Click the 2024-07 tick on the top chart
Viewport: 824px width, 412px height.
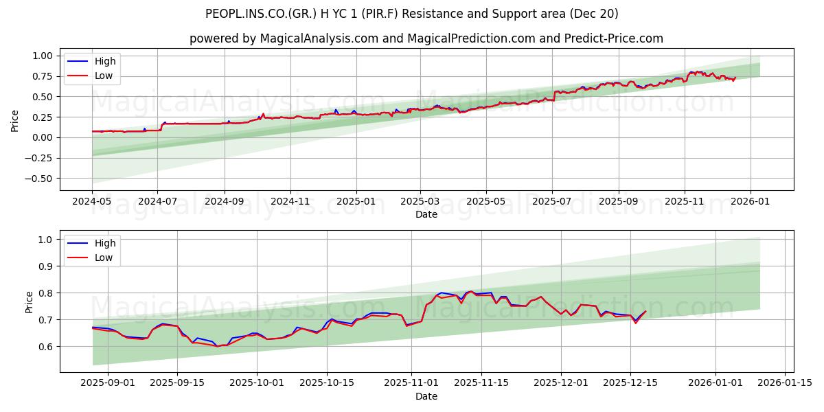click(157, 201)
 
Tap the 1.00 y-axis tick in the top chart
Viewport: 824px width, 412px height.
click(41, 56)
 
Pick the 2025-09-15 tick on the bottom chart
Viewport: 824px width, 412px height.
click(178, 383)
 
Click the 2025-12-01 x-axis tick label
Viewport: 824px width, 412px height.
click(562, 383)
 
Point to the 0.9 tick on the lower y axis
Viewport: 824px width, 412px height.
click(45, 266)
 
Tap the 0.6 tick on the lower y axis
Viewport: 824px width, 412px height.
click(45, 347)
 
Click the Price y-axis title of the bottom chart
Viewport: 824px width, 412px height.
click(29, 301)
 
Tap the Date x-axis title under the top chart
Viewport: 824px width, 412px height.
click(426, 214)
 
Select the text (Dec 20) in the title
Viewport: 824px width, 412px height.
click(599, 14)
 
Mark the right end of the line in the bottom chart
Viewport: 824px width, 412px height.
click(645, 312)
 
